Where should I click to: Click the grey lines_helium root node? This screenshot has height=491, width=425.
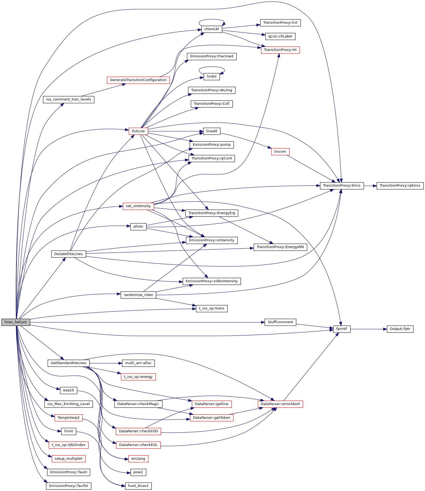pyautogui.click(x=16, y=322)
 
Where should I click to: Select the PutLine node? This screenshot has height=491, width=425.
pyautogui.click(x=138, y=131)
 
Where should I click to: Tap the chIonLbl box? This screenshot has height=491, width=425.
pyautogui.click(x=212, y=29)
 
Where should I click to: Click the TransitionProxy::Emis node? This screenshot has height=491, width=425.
pyautogui.click(x=342, y=186)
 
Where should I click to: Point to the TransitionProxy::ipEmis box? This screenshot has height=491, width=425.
pyautogui.click(x=400, y=186)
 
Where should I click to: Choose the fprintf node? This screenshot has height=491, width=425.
pyautogui.click(x=342, y=329)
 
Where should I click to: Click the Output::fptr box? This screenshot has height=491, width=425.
pyautogui.click(x=400, y=329)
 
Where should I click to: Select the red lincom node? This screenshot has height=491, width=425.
pyautogui.click(x=280, y=152)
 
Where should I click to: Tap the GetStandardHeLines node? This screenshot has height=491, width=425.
pyautogui.click(x=68, y=363)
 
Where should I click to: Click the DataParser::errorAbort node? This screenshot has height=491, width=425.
pyautogui.click(x=280, y=404)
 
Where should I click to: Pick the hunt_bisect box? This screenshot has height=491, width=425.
pyautogui.click(x=138, y=486)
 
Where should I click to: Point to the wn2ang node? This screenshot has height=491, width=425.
pyautogui.click(x=138, y=459)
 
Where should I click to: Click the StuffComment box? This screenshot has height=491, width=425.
pyautogui.click(x=280, y=322)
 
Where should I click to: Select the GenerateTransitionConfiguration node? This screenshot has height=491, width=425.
pyautogui.click(x=138, y=80)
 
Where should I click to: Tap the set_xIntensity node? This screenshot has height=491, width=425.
pyautogui.click(x=138, y=206)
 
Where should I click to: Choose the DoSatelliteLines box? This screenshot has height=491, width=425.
pyautogui.click(x=68, y=254)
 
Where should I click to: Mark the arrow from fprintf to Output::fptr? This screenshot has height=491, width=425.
pyautogui.click(x=368, y=329)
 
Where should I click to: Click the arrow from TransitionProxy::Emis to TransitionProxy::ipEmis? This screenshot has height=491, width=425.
pyautogui.click(x=370, y=186)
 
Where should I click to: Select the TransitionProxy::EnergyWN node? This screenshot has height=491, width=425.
pyautogui.click(x=280, y=247)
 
